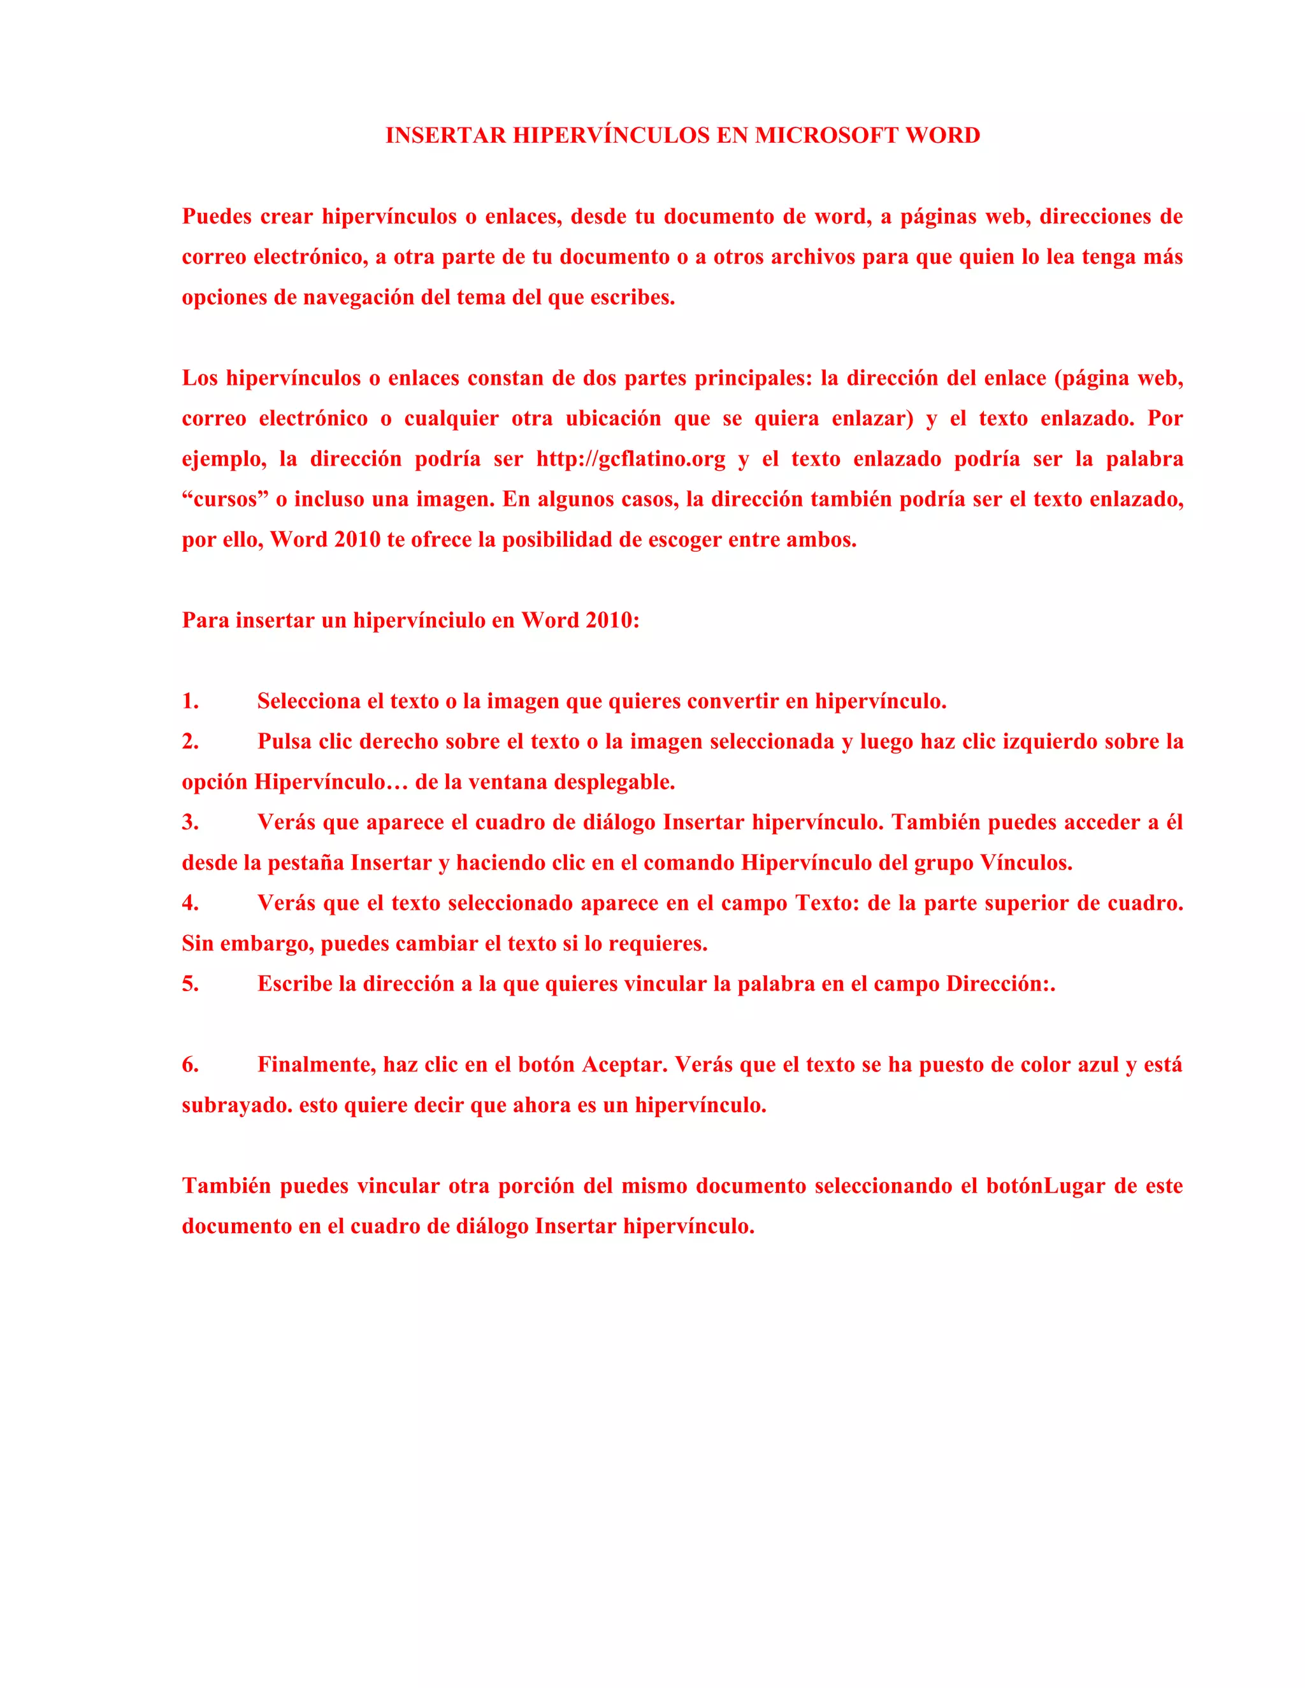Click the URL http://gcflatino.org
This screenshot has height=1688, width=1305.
[631, 459]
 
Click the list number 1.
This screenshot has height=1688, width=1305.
[190, 702]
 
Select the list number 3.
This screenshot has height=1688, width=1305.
[190, 822]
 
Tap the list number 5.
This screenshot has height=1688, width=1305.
[190, 984]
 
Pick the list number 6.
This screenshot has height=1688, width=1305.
[190, 1065]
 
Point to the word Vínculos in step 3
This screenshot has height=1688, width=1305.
[1026, 863]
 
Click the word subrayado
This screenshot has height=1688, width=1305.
[236, 1106]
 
